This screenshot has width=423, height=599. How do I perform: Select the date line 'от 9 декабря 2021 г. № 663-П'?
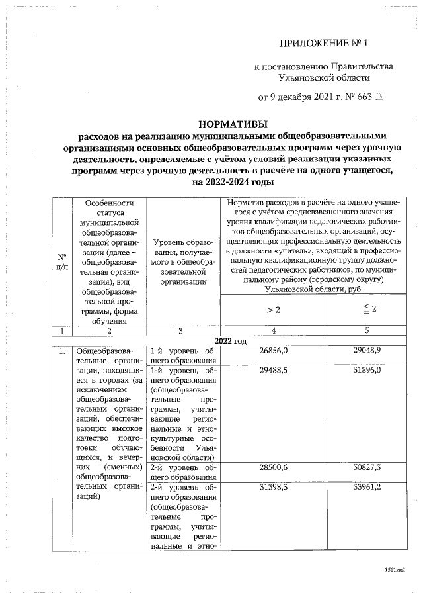323,97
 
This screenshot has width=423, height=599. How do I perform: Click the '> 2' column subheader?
274,310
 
